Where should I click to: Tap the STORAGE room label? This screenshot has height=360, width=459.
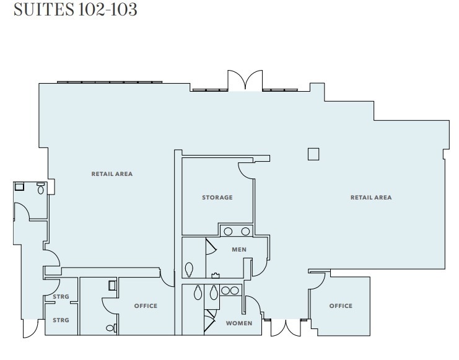click(x=217, y=198)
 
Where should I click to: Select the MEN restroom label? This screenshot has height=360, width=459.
click(x=239, y=250)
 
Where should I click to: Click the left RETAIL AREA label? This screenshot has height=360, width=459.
click(x=112, y=174)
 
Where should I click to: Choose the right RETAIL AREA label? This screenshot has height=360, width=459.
click(x=371, y=198)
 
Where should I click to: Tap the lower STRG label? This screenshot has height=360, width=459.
click(x=61, y=320)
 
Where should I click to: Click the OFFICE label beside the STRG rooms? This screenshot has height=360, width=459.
click(x=146, y=306)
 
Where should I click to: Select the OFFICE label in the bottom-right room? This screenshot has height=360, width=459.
click(x=341, y=306)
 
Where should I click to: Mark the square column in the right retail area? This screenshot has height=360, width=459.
click(x=313, y=154)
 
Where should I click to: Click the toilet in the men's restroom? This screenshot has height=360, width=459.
click(x=189, y=269)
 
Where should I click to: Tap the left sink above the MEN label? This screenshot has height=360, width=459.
click(x=228, y=231)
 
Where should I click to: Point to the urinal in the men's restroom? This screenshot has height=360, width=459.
click(x=216, y=275)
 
